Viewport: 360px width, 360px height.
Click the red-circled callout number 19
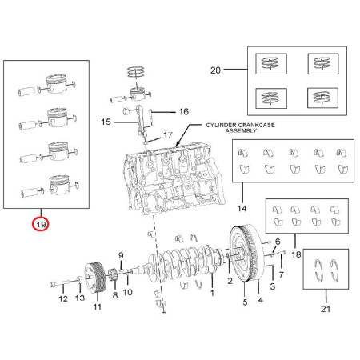(41, 225)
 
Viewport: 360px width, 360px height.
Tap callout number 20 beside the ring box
(215, 70)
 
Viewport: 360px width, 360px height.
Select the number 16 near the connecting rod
(184, 111)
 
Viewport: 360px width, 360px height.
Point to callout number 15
(106, 122)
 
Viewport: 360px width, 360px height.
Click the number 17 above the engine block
(168, 135)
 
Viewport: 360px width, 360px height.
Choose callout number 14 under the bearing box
(242, 208)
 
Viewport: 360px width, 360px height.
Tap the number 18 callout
(296, 254)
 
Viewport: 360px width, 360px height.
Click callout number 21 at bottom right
(326, 309)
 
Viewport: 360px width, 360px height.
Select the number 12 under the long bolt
(63, 298)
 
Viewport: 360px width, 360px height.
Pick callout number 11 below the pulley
(97, 306)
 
